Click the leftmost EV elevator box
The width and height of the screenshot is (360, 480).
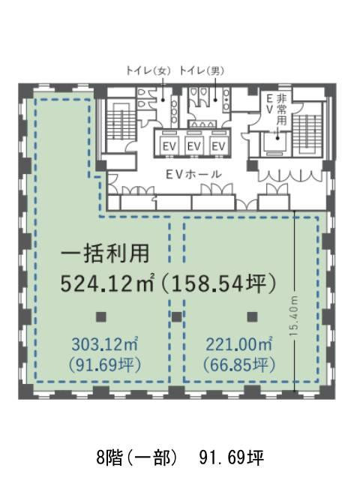[x=169, y=145]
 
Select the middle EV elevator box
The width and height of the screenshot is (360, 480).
[x=193, y=145]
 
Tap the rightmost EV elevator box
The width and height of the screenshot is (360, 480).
[x=218, y=145]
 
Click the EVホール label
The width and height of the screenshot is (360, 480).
[x=193, y=175]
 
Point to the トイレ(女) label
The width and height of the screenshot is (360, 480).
[x=148, y=71]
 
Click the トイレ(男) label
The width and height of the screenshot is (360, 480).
[x=202, y=71]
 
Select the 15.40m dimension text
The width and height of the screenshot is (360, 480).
[x=294, y=316]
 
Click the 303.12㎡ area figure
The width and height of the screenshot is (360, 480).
[x=105, y=344]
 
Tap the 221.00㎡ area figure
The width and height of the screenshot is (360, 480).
[x=239, y=344]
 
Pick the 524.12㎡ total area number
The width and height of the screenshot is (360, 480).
[x=107, y=284]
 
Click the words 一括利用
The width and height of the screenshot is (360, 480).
[x=105, y=253]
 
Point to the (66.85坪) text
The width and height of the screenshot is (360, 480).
[x=239, y=364]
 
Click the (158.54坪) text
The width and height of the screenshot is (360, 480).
[x=219, y=284]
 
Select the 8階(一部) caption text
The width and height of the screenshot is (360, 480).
[x=136, y=458]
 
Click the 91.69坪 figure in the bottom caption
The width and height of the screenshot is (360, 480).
[x=232, y=458]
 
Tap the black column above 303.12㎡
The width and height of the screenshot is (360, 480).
[x=101, y=316]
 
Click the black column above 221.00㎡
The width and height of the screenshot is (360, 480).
[x=252, y=316]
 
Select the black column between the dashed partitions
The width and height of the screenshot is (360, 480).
[x=177, y=316]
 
